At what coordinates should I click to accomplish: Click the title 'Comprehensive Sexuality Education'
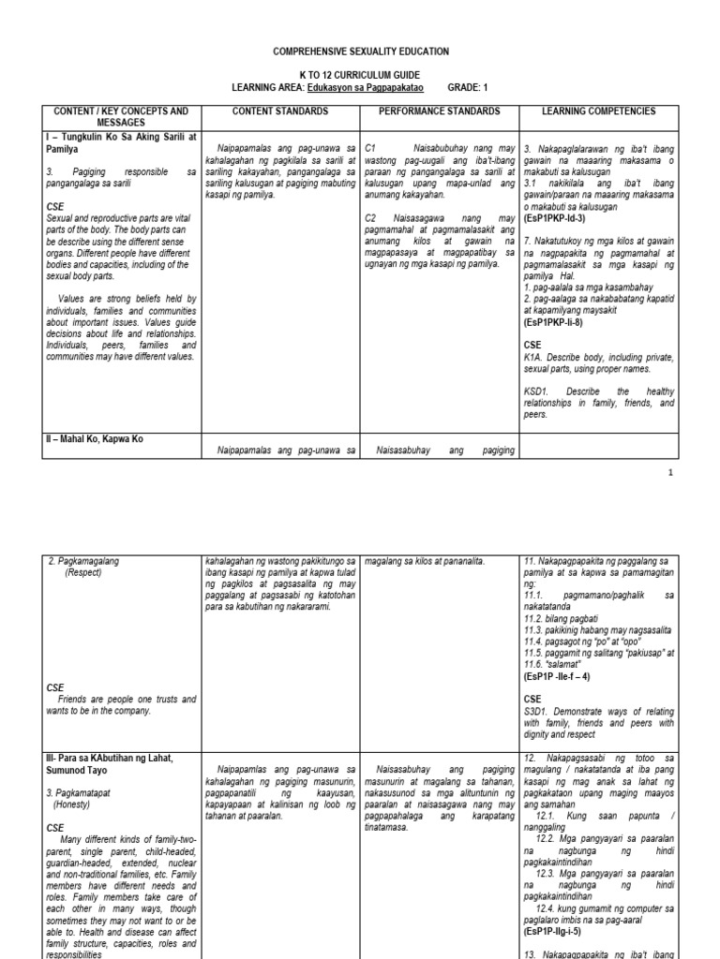360,52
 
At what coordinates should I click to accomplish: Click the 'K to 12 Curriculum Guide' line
360,74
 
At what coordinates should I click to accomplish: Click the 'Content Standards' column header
281,111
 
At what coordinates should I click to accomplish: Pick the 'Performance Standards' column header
440,111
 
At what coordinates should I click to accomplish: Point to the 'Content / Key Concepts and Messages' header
122,117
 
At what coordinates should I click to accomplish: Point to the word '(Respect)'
88,572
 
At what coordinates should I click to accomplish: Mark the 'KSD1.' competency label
539,392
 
